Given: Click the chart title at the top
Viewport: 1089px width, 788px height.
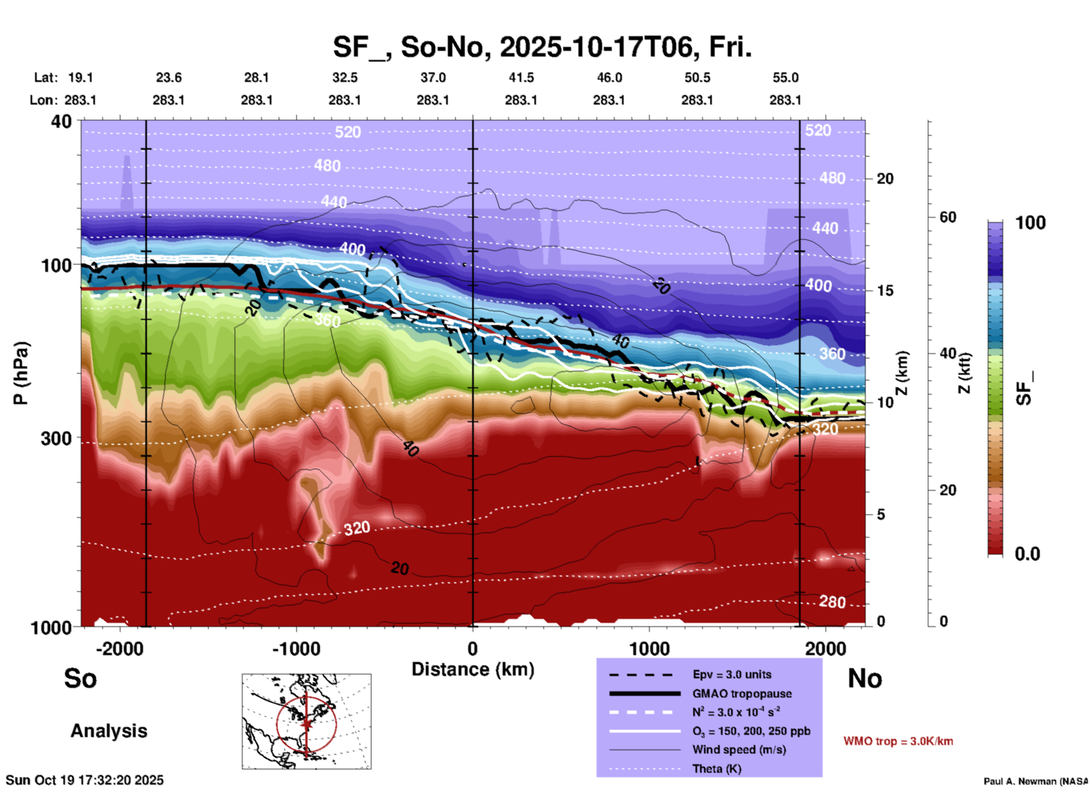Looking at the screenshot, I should (542, 47).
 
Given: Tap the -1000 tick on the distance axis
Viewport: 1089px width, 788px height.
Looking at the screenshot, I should (296, 649).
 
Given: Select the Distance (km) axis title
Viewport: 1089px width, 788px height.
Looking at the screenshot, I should (473, 669).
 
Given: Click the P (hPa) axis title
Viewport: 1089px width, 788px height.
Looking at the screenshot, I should (21, 373).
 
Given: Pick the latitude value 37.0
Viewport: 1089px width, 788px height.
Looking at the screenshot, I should (433, 77).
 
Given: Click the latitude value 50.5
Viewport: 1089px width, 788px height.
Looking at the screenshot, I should (697, 77).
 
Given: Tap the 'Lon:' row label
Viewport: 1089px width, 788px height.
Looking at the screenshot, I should (44, 100).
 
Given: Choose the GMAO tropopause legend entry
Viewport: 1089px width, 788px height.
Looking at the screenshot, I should (741, 694).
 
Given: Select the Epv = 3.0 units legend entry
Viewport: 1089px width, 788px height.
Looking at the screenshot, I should (732, 674).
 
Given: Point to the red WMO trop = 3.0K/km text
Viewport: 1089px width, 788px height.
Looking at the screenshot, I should (898, 741).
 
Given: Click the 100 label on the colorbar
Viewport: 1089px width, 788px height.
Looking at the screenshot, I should (1030, 223).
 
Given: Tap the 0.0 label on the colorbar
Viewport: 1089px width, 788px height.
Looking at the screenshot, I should (1027, 553).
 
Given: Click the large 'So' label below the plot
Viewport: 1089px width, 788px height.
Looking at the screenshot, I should (80, 678).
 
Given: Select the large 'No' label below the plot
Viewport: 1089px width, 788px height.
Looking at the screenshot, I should (865, 678).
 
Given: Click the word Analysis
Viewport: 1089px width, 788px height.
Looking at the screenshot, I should (109, 731).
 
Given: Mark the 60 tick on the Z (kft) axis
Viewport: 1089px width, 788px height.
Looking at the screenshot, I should (948, 217).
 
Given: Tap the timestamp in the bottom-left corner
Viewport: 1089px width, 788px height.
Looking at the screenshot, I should (85, 780).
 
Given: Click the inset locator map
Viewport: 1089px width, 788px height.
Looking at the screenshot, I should (306, 721).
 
